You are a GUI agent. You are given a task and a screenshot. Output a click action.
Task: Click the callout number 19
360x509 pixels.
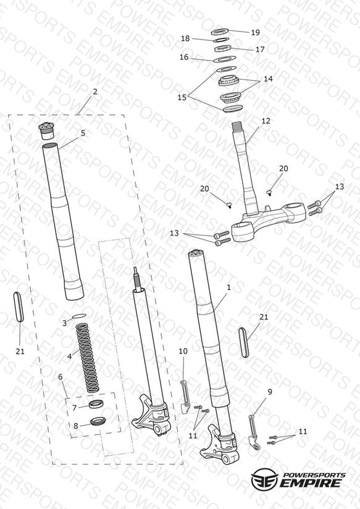pos(256,33)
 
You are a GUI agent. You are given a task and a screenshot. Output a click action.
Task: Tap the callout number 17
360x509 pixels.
pos(260,49)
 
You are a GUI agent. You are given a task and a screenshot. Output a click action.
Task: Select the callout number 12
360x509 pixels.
pos(266,120)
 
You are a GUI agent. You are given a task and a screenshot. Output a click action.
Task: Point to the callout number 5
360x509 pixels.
pos(83,133)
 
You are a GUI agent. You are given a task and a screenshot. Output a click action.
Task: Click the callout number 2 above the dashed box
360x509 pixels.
pos(95,92)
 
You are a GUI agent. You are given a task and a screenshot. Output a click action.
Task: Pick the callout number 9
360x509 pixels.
pos(270,392)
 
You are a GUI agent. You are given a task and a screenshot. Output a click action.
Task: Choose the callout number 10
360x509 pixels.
pos(183,351)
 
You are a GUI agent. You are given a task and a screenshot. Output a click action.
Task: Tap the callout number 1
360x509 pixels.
pos(229,287)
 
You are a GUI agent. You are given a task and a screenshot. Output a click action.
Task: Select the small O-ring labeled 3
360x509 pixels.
pos(79,315)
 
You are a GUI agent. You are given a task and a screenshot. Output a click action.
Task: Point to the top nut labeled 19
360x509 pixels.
pos(220,32)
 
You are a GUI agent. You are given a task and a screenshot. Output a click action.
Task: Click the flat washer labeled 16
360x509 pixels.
pos(225,59)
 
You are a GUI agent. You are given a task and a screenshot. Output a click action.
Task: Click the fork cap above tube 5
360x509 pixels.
pos(48,130)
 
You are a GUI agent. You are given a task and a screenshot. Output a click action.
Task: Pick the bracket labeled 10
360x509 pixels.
pos(185,397)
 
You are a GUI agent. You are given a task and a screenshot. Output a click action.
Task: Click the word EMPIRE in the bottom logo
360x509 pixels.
pos(311,482)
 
